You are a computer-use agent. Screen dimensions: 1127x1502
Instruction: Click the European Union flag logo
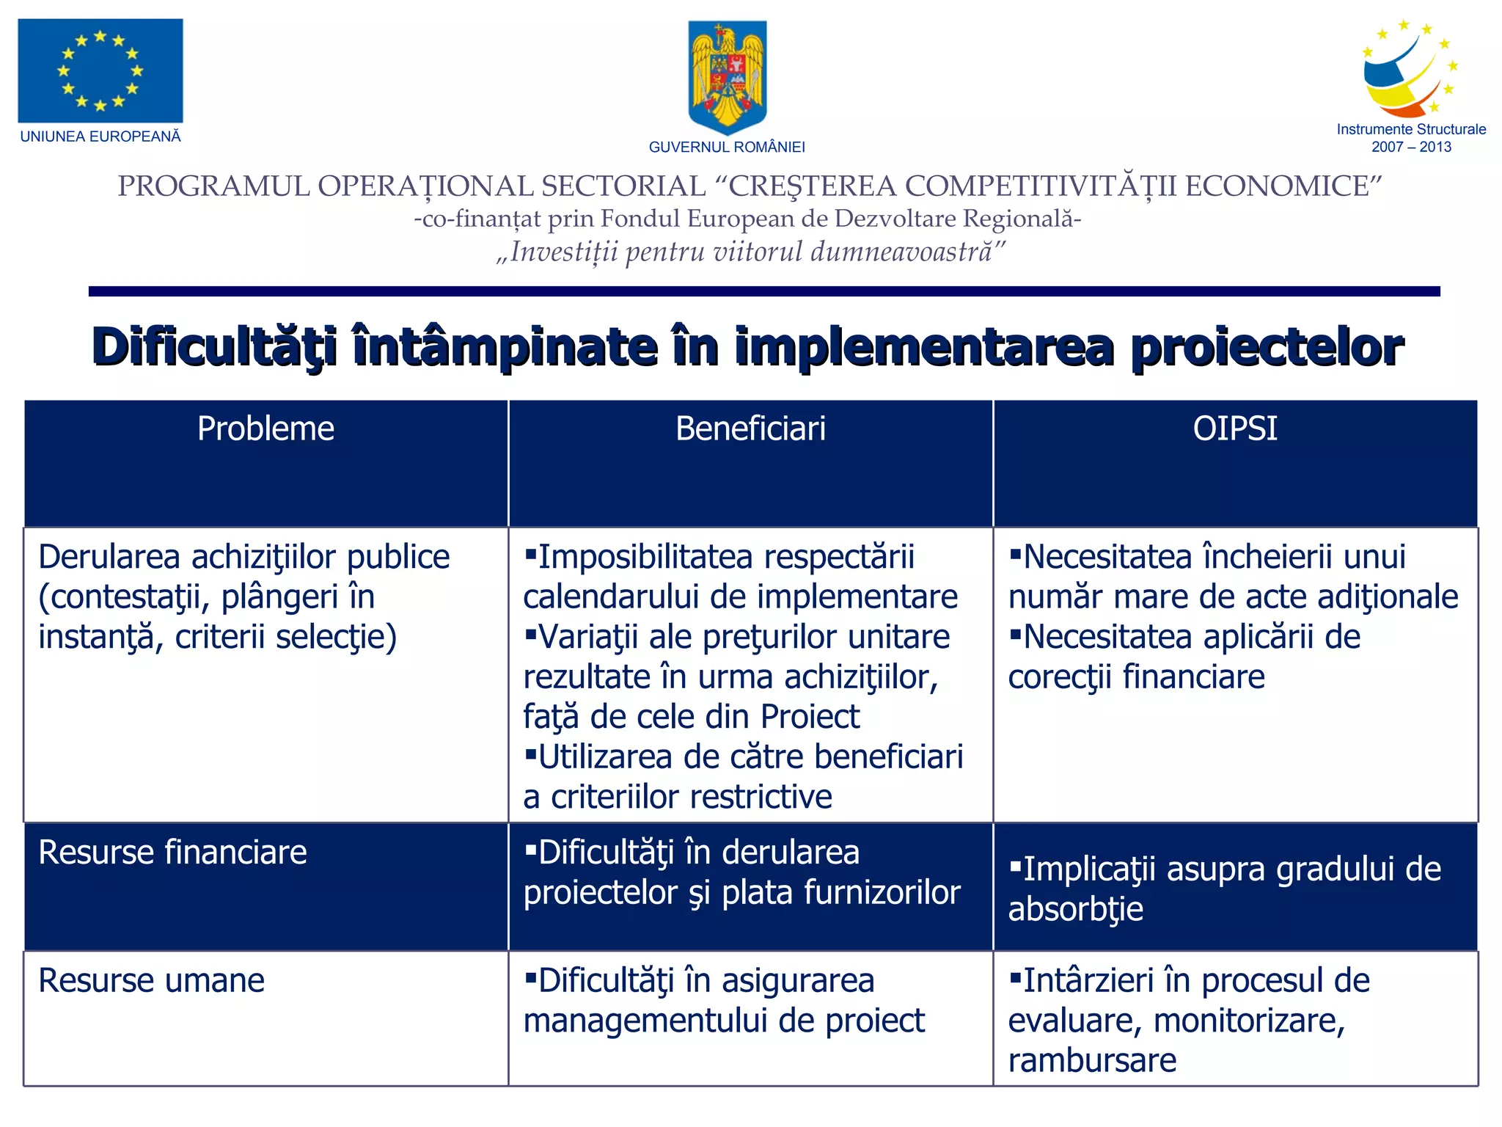[x=100, y=70]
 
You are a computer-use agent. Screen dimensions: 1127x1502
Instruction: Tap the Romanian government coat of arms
[x=727, y=76]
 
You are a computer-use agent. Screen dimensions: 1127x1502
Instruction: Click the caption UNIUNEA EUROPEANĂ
[x=100, y=136]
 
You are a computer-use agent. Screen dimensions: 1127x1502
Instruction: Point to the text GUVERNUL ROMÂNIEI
[x=727, y=147]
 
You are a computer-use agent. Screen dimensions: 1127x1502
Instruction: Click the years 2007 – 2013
[x=1411, y=147]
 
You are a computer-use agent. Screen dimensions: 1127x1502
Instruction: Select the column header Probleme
[x=265, y=428]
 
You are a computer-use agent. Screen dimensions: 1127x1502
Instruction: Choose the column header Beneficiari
[x=750, y=428]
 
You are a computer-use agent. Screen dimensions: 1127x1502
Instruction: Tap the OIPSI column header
[x=1235, y=428]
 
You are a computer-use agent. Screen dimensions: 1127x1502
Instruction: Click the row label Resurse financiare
[x=172, y=853]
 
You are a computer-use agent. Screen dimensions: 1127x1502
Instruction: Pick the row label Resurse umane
[x=151, y=981]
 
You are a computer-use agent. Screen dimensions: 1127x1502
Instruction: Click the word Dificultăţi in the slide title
[x=215, y=346]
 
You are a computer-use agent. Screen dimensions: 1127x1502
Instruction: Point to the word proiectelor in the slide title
[x=1267, y=346]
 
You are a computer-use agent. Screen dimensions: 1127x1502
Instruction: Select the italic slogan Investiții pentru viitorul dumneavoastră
[x=750, y=252]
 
